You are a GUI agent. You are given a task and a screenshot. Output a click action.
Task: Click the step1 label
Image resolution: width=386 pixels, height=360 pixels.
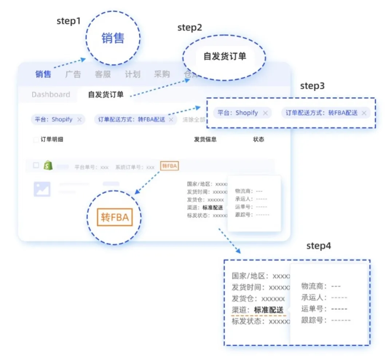(68, 21)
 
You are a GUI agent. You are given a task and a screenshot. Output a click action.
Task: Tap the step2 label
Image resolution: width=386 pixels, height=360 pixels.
(190, 28)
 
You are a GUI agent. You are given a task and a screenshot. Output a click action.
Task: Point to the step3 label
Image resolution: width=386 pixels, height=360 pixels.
(312, 86)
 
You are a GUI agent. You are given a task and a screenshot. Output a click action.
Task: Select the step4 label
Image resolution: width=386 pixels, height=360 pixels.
(319, 246)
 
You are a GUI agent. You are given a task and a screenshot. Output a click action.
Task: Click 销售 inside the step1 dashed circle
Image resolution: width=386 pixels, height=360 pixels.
(113, 38)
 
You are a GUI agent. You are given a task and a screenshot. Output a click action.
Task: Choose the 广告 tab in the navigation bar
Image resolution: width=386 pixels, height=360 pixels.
(73, 74)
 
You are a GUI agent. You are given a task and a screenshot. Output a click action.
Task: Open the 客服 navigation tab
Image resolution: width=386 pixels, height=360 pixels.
(103, 74)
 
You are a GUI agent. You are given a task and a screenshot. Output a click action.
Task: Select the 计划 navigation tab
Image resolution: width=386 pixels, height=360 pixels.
(132, 74)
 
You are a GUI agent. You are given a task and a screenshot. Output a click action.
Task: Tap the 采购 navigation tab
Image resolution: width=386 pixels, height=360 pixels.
(162, 74)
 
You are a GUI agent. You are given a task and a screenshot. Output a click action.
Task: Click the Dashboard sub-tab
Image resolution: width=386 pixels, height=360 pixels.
(51, 95)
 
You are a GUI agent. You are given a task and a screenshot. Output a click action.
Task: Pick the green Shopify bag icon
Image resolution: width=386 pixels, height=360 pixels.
(48, 166)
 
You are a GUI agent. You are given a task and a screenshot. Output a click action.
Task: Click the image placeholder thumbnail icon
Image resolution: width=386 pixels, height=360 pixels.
(42, 189)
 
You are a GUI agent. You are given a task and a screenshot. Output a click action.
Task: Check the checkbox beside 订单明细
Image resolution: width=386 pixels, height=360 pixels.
(36, 140)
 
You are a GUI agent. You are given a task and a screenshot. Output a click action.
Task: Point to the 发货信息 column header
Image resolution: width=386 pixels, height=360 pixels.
(205, 140)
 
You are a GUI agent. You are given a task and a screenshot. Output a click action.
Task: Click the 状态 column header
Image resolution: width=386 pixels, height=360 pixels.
(259, 140)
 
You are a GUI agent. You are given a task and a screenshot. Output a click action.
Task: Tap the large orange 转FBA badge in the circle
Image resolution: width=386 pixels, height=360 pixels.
(114, 218)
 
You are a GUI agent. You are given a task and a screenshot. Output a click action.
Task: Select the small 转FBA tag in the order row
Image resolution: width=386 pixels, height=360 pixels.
(169, 166)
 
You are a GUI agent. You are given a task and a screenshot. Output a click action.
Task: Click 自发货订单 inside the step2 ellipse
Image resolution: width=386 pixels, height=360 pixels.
(224, 57)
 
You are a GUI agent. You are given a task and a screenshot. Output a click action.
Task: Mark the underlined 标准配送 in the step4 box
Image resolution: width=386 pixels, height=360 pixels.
(268, 310)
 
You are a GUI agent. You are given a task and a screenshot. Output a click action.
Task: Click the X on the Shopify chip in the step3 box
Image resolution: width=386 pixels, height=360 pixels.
(265, 113)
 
